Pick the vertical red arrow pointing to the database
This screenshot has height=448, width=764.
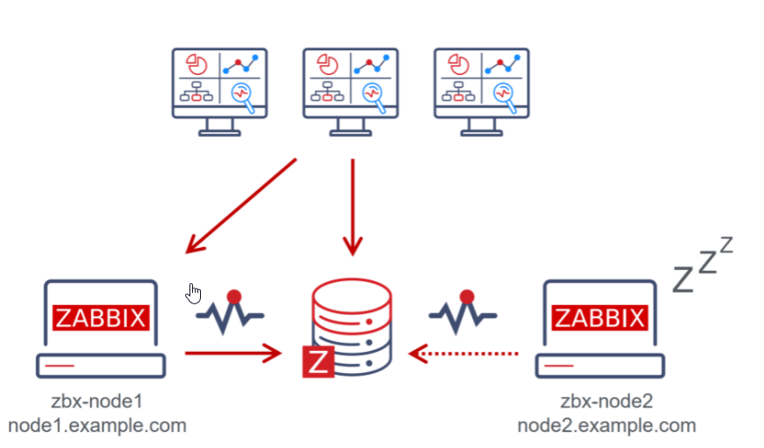pyautogui.click(x=353, y=207)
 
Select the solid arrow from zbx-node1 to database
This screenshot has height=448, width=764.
pyautogui.click(x=234, y=355)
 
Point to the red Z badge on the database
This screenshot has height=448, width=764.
pyautogui.click(x=318, y=362)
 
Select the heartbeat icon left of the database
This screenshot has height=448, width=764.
pyautogui.click(x=232, y=313)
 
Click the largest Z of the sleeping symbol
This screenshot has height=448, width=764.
pyautogui.click(x=684, y=277)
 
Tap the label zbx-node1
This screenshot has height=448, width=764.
pyautogui.click(x=98, y=402)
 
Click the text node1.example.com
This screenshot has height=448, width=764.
pyautogui.click(x=98, y=425)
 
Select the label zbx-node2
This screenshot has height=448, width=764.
pyautogui.click(x=606, y=402)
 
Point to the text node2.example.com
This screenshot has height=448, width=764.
pyautogui.click(x=606, y=425)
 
